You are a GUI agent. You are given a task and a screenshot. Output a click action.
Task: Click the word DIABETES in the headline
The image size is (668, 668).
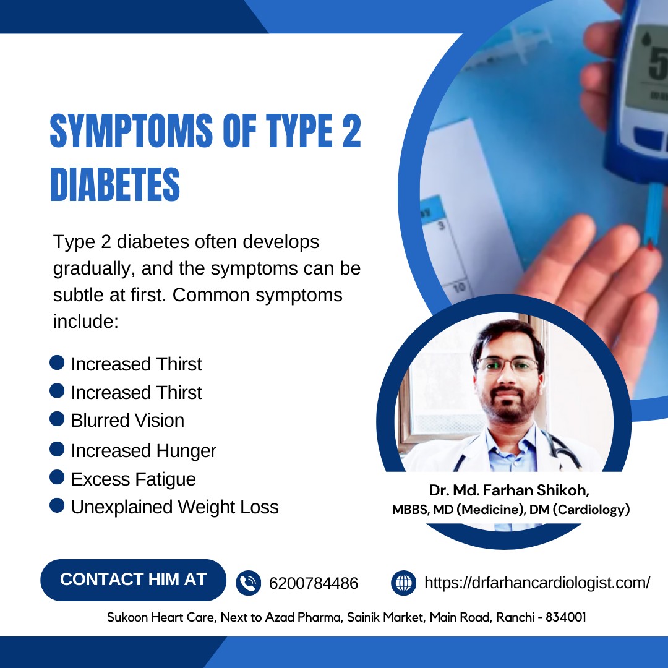pos(115,184)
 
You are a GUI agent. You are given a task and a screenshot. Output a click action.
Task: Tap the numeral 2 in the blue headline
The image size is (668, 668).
pos(351,131)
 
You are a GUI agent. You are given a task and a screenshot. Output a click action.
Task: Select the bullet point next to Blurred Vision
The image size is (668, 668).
pos(57,419)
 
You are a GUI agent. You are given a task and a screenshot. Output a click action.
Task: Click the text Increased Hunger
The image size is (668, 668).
pos(143,451)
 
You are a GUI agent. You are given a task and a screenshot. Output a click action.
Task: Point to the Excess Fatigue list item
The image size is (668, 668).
pos(134,479)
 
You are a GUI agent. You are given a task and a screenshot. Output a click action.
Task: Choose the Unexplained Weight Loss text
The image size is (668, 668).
pos(174,507)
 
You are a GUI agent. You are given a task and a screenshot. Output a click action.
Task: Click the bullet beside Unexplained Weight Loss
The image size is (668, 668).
pos(57,505)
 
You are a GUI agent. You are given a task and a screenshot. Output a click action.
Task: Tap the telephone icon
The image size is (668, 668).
pos(249,583)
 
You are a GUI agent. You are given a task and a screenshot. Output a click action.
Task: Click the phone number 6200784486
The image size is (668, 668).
pos(314,583)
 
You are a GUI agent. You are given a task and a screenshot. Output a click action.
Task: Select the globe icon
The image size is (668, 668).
pos(403,583)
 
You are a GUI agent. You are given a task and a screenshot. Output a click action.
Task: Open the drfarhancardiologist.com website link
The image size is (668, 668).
pos(537,583)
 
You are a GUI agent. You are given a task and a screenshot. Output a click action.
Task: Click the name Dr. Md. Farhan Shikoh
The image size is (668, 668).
pos(509,490)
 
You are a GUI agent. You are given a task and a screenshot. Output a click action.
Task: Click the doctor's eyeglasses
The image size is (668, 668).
pos(508,365)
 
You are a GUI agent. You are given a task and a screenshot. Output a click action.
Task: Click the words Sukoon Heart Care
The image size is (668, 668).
pos(161,617)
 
